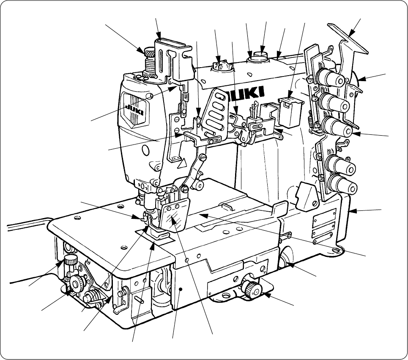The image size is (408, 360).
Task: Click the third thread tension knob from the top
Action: click(x=337, y=126)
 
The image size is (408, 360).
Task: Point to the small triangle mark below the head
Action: click(x=183, y=163)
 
